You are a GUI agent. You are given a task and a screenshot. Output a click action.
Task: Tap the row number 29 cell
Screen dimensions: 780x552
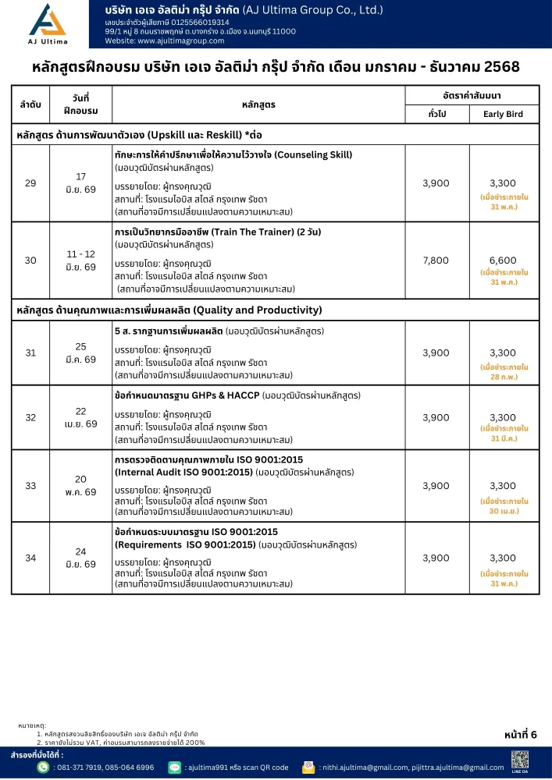click(x=30, y=183)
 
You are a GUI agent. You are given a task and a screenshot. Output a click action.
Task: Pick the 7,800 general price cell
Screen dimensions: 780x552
click(x=436, y=260)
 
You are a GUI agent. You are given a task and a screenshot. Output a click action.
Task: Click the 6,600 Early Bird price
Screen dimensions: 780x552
click(x=504, y=260)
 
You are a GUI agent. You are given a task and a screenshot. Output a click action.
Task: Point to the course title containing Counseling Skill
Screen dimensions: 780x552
click(x=233, y=154)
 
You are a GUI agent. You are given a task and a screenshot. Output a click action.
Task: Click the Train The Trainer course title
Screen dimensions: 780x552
click(x=218, y=232)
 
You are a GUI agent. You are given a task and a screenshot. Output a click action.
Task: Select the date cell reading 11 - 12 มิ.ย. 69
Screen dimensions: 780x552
click(x=80, y=261)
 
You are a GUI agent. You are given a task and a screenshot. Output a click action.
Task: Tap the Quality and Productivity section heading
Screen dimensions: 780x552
click(x=169, y=310)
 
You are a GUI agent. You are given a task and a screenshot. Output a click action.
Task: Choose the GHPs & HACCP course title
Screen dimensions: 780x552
click(x=187, y=395)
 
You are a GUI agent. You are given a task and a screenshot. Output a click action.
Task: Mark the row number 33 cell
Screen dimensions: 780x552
click(x=30, y=485)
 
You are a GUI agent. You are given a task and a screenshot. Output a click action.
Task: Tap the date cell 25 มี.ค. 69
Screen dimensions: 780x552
click(x=80, y=353)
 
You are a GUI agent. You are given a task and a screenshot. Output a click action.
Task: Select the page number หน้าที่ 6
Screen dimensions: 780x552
click(x=522, y=734)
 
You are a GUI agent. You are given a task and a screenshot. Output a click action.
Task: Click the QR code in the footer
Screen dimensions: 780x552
click(x=519, y=758)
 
